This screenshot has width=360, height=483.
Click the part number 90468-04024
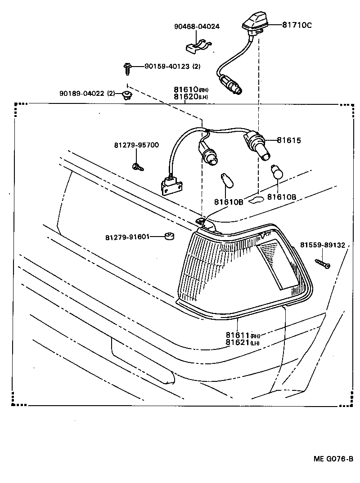[x=197, y=27]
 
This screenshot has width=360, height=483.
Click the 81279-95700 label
[x=136, y=145]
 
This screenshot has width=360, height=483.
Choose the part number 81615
[x=288, y=140]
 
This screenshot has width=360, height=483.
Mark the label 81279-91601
[x=128, y=237]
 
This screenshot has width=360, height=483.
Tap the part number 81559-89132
[x=323, y=245]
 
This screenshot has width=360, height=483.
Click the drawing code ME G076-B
[x=333, y=459]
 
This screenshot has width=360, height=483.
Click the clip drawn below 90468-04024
[x=199, y=45]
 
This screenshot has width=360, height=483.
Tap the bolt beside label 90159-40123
[x=127, y=68]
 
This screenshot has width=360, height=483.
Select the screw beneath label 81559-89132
[x=323, y=263]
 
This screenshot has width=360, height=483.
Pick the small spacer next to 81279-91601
[x=169, y=236]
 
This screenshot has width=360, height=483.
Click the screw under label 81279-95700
[x=138, y=167]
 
